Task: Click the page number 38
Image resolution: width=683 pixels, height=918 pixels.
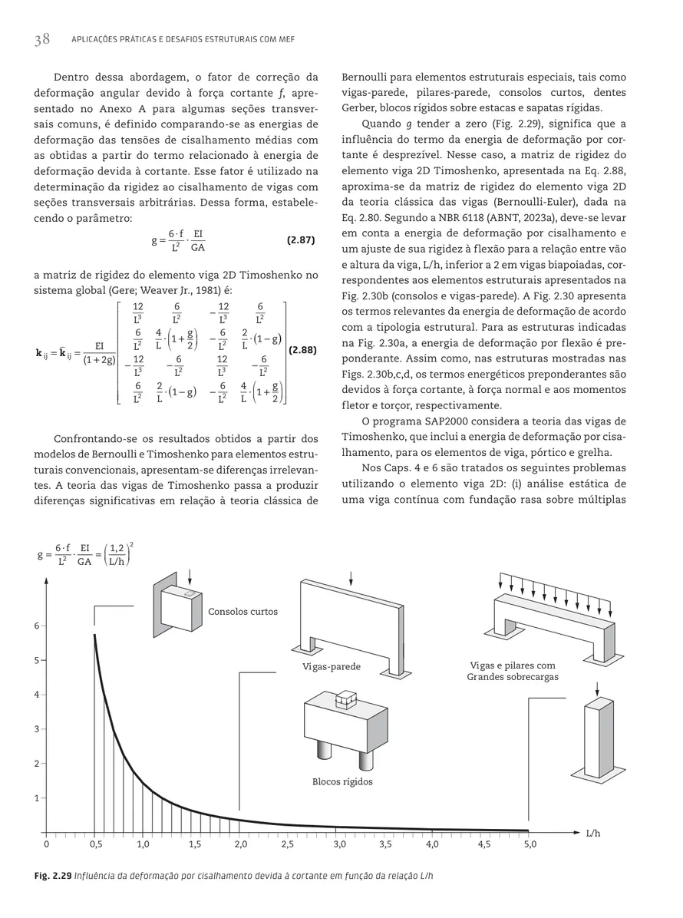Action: (x=41, y=40)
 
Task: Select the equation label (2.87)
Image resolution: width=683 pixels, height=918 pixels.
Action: (x=300, y=241)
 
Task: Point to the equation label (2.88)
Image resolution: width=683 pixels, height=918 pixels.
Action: (x=300, y=350)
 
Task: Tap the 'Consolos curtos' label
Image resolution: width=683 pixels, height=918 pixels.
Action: (x=243, y=612)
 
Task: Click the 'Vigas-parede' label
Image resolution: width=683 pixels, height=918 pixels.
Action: (x=331, y=667)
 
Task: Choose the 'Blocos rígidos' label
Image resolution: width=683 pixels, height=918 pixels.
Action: (x=342, y=781)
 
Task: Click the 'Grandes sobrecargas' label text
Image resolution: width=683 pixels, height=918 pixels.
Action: (x=513, y=678)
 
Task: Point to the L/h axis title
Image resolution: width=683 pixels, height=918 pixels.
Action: (x=592, y=833)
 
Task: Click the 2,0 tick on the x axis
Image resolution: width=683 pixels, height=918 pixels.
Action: (x=240, y=844)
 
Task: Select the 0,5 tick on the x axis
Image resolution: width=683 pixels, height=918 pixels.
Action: (x=95, y=844)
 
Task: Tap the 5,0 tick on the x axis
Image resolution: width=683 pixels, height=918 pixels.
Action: (x=530, y=844)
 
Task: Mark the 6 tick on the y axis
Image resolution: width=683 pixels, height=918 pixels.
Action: (x=35, y=626)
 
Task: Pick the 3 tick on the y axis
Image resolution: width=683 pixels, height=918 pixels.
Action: (x=35, y=728)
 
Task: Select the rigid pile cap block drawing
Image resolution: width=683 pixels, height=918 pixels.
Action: (x=343, y=729)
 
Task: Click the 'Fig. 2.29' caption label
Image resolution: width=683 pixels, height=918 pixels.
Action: (x=57, y=876)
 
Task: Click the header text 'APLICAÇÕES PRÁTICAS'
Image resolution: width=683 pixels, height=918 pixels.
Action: (x=115, y=40)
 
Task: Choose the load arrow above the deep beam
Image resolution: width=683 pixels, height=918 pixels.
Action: (x=351, y=578)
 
